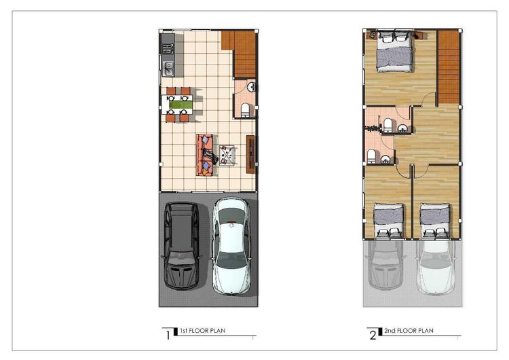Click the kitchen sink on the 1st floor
(168, 67)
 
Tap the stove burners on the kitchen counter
(168, 48)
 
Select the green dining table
(181, 104)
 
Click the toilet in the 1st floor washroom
(246, 110)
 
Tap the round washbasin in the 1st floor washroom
(250, 86)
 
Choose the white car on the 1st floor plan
(231, 246)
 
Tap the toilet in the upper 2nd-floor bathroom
(388, 124)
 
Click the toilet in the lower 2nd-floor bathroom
(372, 156)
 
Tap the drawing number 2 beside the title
(372, 334)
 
